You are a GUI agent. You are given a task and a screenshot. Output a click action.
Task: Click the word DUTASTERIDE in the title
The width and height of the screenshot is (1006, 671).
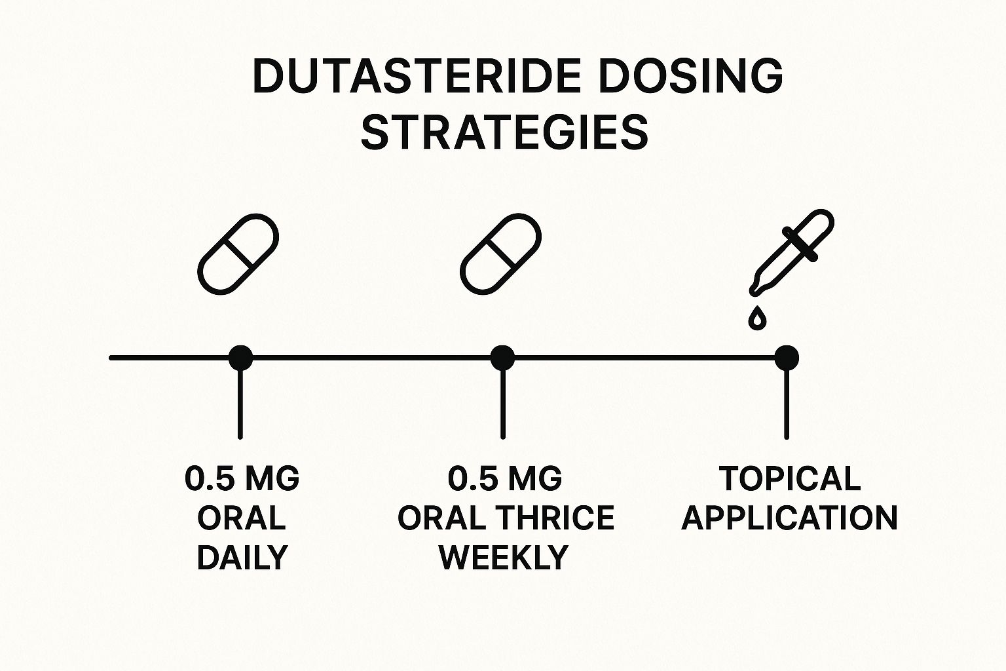[x=417, y=77]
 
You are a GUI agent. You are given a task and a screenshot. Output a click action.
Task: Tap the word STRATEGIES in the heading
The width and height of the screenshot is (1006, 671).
[x=504, y=132]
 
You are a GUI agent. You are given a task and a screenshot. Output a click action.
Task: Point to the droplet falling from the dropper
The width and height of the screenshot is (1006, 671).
[x=758, y=318]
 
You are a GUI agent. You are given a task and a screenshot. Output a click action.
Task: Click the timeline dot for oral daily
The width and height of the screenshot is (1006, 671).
[x=240, y=358]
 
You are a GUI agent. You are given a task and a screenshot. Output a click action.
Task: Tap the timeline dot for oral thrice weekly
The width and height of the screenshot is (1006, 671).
[x=502, y=358]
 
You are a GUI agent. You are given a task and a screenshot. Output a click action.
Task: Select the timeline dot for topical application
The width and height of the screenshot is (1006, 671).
[x=786, y=358]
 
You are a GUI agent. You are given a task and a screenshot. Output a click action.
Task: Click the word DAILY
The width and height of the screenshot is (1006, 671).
[x=242, y=558]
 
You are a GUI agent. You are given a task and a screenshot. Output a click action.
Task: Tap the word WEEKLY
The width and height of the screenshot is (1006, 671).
[x=503, y=558]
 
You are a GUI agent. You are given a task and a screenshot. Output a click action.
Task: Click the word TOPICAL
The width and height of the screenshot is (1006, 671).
[x=789, y=479]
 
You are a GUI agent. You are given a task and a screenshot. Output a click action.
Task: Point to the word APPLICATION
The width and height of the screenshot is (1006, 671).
[x=789, y=518]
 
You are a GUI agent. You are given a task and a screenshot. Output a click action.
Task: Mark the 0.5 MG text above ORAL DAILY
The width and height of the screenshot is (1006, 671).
[x=242, y=479]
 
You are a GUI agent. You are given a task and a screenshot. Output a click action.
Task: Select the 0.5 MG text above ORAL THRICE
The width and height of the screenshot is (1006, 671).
[x=504, y=479]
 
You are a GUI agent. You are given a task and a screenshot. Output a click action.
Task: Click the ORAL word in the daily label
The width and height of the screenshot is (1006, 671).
[x=242, y=518]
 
